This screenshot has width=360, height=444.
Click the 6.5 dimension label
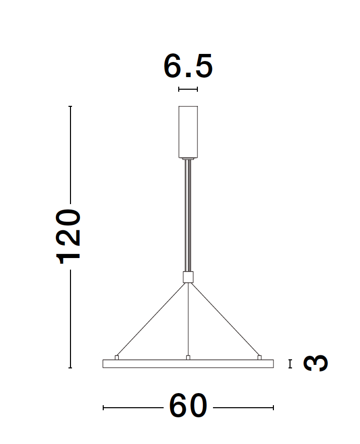click(x=188, y=67)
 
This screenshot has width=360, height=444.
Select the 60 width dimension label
click(x=188, y=406)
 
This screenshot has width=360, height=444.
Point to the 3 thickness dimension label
click(x=316, y=363)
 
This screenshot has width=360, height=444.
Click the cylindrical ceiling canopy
click(x=188, y=132)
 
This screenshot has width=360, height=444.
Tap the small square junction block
click(x=188, y=277)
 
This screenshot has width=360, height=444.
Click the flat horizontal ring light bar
click(x=188, y=364)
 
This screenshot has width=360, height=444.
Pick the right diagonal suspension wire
click(x=225, y=319)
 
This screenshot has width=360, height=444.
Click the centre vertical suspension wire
click(x=188, y=320)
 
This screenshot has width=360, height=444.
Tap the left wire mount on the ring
click(x=117, y=357)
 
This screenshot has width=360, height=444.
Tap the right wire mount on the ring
click(x=259, y=357)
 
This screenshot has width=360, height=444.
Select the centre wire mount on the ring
click(x=188, y=357)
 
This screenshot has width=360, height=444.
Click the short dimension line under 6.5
click(x=188, y=89)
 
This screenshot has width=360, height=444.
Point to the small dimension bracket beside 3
click(x=290, y=364)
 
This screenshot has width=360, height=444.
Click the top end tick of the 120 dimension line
click(x=70, y=107)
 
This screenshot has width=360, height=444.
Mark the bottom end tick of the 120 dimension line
click(x=70, y=368)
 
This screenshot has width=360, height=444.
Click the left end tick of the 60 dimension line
click(x=103, y=407)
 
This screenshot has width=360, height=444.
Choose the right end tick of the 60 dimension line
click(x=273, y=407)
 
